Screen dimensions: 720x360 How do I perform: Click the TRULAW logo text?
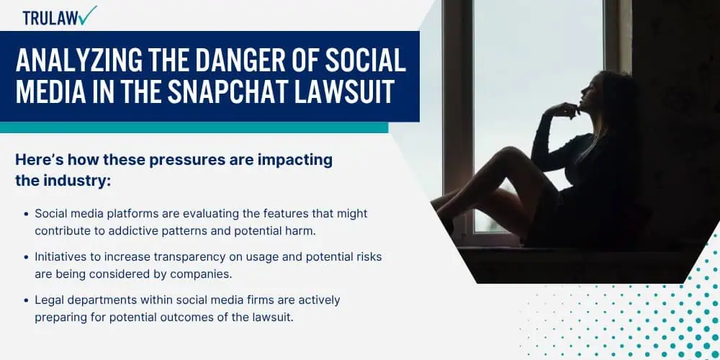tap(50, 18)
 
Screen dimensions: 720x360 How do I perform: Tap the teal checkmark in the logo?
tap(86, 15)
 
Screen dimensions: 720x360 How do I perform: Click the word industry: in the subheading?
tap(77, 181)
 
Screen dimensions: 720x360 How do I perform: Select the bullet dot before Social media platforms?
tap(26, 214)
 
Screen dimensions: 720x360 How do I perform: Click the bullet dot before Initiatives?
tap(26, 257)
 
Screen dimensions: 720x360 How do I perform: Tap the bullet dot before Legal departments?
tap(26, 300)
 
